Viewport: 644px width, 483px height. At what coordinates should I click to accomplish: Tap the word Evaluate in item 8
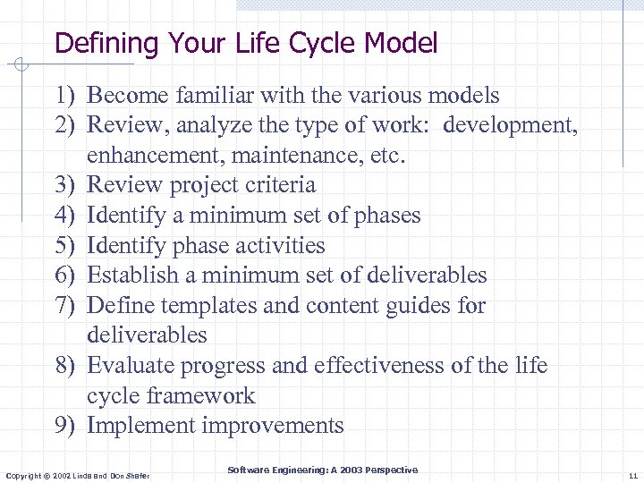click(131, 366)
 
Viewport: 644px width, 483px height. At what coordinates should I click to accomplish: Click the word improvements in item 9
click(273, 426)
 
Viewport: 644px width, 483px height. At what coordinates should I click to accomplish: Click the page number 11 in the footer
click(632, 475)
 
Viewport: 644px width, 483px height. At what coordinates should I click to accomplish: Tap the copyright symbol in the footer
click(47, 475)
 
